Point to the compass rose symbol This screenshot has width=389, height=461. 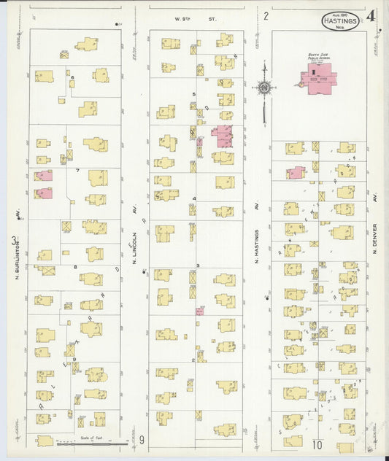263,88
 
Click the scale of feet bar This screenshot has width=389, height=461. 92,441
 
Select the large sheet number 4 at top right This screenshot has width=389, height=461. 372,15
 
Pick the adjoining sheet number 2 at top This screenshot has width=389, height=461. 266,15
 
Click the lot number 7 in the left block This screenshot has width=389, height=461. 77,170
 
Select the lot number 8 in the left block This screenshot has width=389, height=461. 74,267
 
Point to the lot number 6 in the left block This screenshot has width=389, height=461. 73,77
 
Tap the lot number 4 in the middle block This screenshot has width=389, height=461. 194,198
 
